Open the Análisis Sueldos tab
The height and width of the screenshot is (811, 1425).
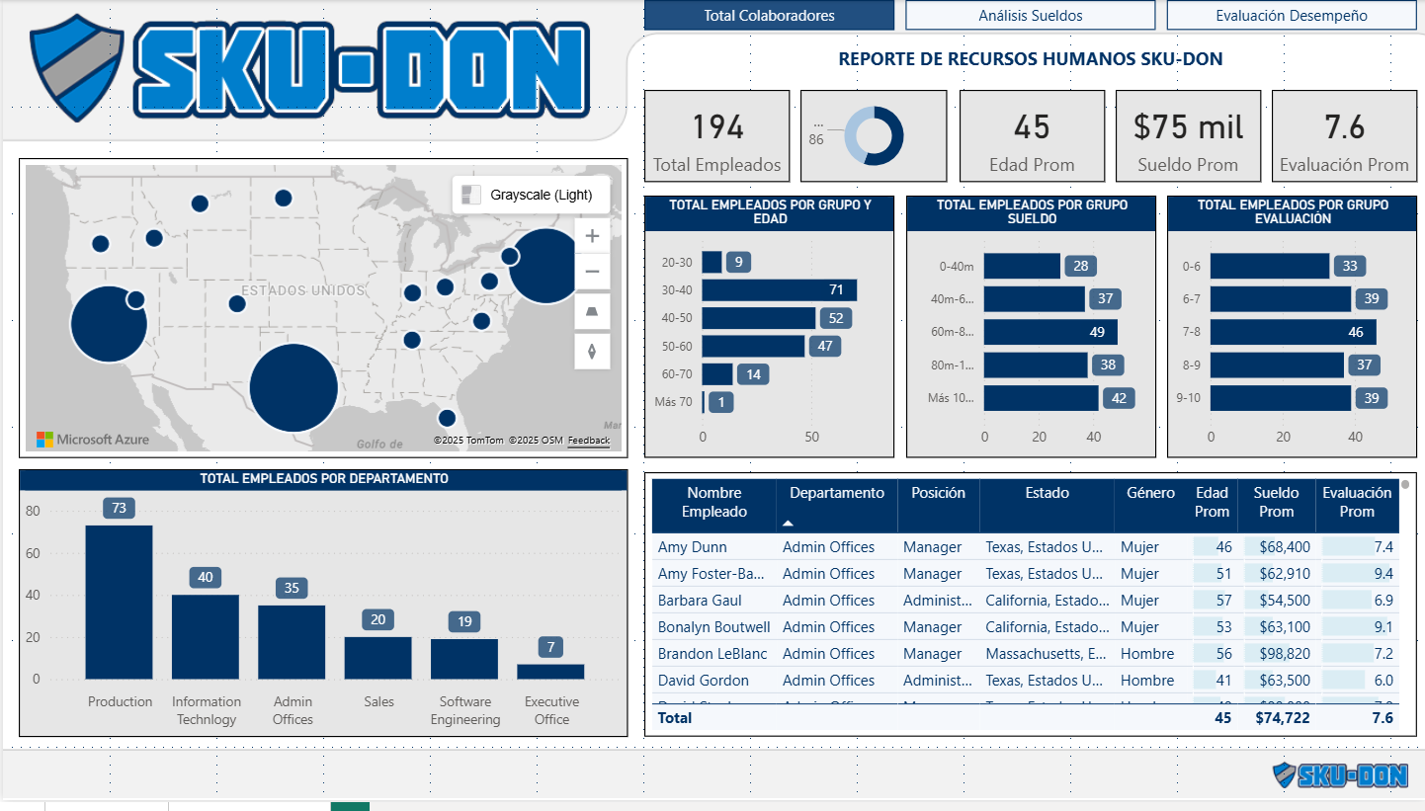click(1030, 16)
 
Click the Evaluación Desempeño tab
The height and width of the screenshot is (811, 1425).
click(1291, 16)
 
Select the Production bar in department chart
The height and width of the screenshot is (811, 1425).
click(119, 602)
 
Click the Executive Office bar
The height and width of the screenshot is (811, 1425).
click(550, 671)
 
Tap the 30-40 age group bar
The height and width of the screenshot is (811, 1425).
click(779, 290)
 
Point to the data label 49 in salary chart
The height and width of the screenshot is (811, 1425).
click(1097, 332)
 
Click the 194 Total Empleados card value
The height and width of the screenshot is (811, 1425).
click(717, 127)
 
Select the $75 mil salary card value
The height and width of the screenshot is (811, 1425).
click(1188, 127)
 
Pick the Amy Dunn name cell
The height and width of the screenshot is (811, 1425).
click(692, 547)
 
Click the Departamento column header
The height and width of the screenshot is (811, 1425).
click(836, 493)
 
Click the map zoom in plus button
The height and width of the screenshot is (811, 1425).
click(592, 236)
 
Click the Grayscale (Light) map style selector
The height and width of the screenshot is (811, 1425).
click(531, 195)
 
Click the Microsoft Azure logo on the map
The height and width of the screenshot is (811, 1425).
click(93, 440)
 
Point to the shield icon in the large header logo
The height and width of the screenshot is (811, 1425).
click(76, 67)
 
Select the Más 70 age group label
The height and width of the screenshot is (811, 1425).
click(673, 402)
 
